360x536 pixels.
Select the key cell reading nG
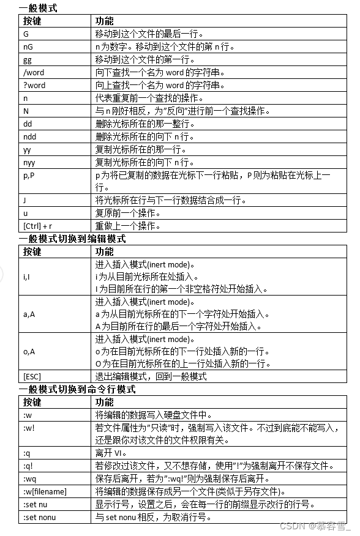coord(28,47)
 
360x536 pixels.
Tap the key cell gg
coord(28,59)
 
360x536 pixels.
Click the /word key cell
coord(34,72)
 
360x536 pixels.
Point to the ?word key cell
coord(34,85)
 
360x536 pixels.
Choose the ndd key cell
coord(30,136)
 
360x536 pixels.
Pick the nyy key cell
coord(29,162)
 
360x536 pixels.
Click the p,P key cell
coord(29,175)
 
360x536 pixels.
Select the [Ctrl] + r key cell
coord(37,226)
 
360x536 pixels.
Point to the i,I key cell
coord(28,277)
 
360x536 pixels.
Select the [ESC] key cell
coord(32,376)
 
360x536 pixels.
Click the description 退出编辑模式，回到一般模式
coord(151,376)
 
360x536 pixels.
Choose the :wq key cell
coord(29,478)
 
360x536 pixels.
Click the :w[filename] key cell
coord(45,491)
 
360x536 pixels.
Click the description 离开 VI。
coord(110,453)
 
